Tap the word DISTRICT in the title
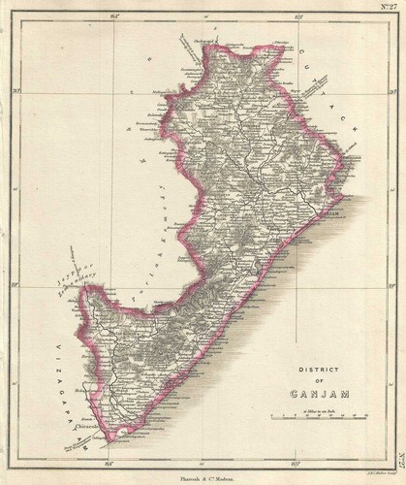click(315, 370)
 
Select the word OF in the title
click(315, 381)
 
